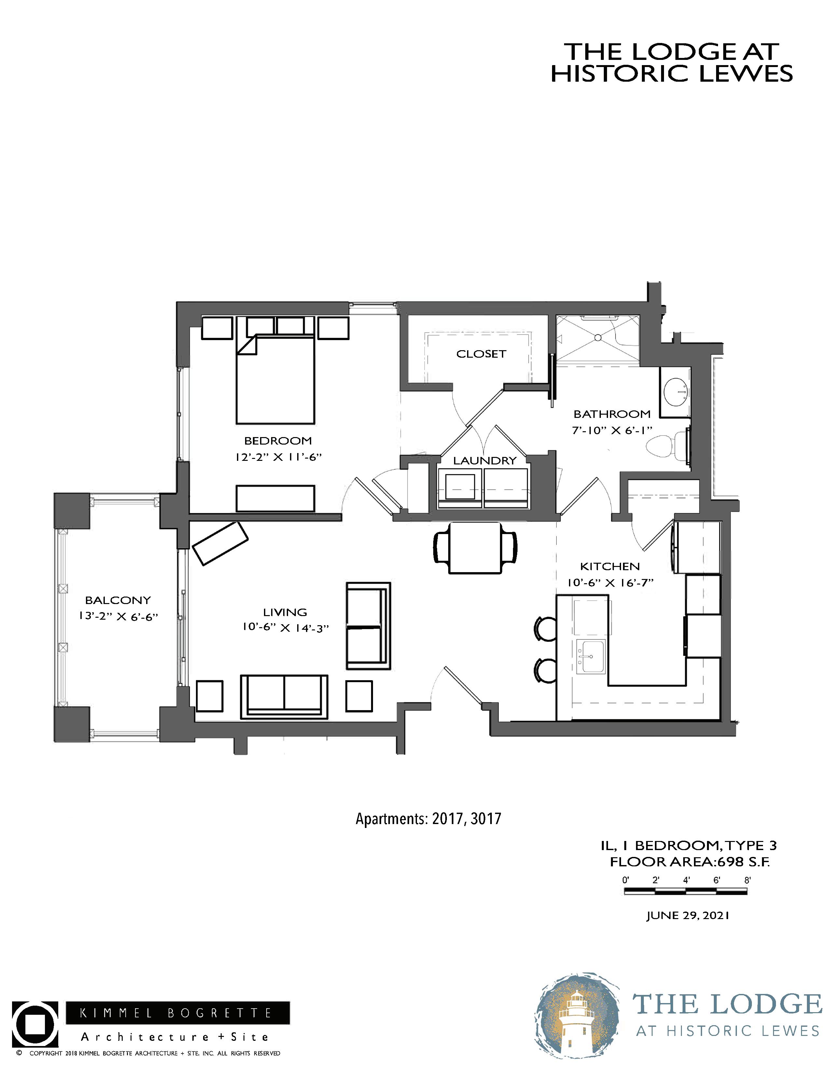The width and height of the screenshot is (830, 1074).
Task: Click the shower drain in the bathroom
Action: click(x=597, y=338)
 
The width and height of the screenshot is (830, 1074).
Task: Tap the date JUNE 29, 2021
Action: click(x=687, y=915)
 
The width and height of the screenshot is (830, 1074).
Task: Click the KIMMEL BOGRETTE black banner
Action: click(x=177, y=1013)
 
